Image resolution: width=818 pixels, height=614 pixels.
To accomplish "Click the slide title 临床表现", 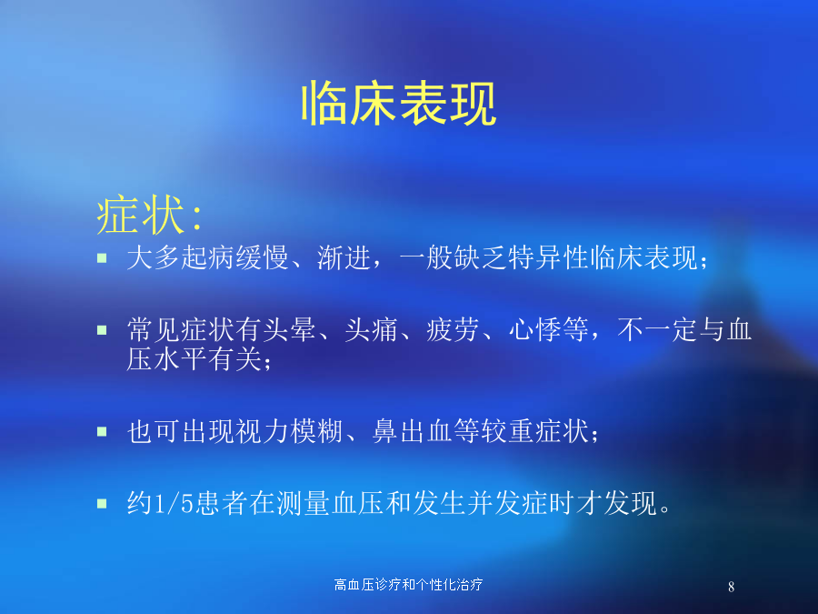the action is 399,104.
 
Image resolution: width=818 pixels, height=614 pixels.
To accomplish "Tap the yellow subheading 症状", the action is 140,215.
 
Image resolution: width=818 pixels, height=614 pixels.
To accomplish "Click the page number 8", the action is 731,587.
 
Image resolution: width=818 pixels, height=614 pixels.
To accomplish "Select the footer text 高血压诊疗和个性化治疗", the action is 408,584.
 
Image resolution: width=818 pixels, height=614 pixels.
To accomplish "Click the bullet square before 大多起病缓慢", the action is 102,257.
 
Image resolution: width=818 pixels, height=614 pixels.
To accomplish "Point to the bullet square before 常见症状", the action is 102,330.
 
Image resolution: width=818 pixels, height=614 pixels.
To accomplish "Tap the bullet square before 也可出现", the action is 102,431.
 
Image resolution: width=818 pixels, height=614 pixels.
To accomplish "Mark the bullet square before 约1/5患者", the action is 102,503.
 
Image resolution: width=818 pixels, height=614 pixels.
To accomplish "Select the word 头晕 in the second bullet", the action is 290,330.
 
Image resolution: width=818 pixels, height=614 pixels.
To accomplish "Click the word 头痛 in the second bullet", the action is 371,330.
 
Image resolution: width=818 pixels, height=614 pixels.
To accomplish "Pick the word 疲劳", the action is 453,330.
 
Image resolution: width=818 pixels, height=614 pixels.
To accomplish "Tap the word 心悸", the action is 534,330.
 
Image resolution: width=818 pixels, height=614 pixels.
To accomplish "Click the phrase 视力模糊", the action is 290,431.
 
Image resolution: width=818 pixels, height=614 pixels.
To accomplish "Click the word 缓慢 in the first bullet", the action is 263,257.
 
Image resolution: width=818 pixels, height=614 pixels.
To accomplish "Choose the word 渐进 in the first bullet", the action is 344,257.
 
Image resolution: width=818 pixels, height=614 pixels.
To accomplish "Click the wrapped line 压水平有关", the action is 195,359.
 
